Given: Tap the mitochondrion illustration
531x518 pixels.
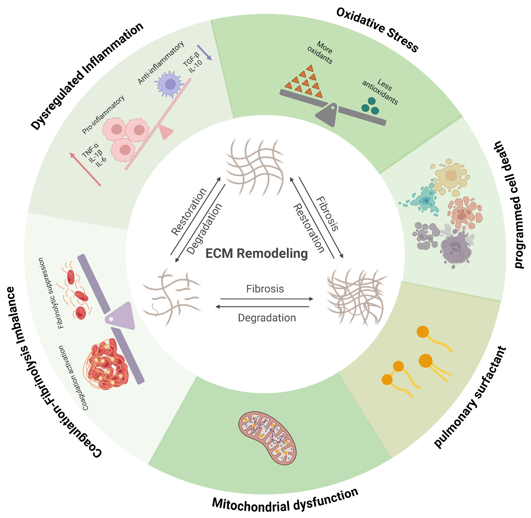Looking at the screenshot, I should pyautogui.click(x=267, y=438).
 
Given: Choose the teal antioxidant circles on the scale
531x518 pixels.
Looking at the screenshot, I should pyautogui.click(x=370, y=106).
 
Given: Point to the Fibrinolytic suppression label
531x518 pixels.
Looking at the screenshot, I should pyautogui.click(x=51, y=293).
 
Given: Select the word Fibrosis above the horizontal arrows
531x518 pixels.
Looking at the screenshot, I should pyautogui.click(x=265, y=289).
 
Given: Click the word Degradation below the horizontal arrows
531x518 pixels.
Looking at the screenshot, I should pyautogui.click(x=267, y=318).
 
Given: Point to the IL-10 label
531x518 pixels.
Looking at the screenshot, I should pyautogui.click(x=196, y=66).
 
